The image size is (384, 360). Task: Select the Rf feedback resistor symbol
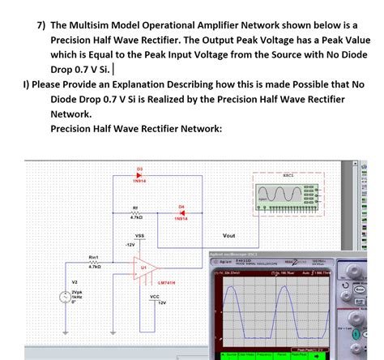(136, 212)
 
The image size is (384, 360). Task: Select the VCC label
(154, 297)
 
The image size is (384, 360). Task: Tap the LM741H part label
(167, 282)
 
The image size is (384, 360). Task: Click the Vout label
(228, 236)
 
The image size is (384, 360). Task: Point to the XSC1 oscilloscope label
(288, 174)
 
